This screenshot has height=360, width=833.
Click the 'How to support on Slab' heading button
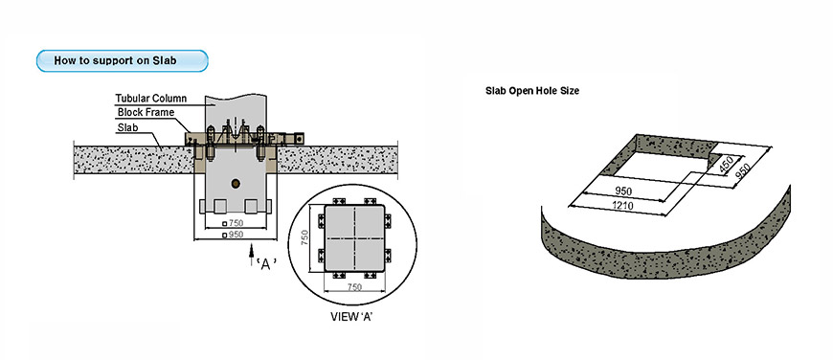tap(123, 60)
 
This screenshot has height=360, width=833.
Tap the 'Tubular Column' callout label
tap(151, 99)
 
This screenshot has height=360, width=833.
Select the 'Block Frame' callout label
tap(146, 113)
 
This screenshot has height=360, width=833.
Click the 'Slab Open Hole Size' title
tap(532, 91)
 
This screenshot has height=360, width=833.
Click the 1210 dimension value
tap(621, 206)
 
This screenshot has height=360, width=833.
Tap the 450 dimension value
tap(725, 164)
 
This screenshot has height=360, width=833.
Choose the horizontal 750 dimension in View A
tap(354, 287)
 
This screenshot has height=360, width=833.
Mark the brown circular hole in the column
tap(236, 184)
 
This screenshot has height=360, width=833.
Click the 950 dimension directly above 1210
tap(623, 191)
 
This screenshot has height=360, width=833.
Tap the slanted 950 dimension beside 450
tap(742, 171)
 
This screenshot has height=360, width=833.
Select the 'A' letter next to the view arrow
tap(266, 264)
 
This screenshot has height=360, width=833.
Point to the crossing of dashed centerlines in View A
tap(354, 238)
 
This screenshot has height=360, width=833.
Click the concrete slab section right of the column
tap(338, 160)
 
